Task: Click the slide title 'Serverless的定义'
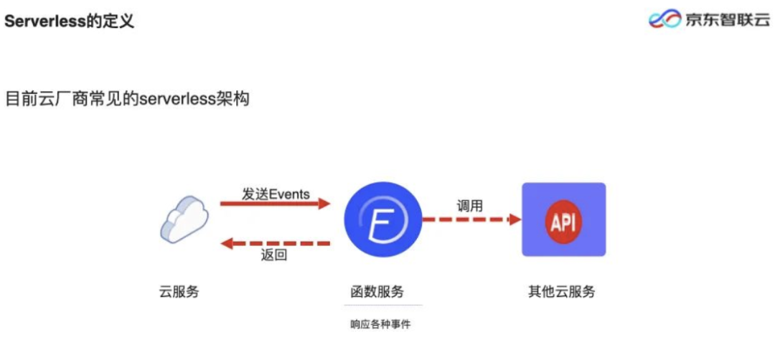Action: tap(70, 21)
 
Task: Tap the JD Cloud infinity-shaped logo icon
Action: tap(664, 19)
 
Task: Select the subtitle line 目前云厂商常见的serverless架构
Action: tap(127, 99)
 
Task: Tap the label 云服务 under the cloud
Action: tap(179, 292)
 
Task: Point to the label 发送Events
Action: tap(276, 194)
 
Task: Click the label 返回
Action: tap(274, 255)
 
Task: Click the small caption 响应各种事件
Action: tap(380, 324)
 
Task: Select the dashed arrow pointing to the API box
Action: tap(471, 219)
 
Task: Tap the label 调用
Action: tap(470, 207)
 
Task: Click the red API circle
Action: tap(563, 219)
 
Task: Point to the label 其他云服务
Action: tap(561, 292)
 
